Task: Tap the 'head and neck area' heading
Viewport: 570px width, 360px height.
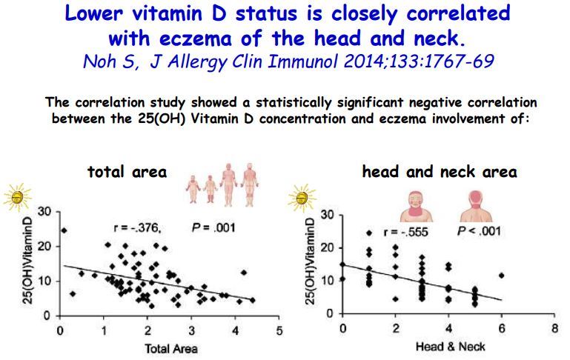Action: pos(440,172)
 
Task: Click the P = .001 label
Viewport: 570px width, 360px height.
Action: pos(213,227)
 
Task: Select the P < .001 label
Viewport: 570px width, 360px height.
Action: pos(479,231)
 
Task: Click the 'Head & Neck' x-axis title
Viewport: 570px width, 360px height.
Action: pos(445,344)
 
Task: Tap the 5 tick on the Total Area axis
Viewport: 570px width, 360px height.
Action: pos(279,330)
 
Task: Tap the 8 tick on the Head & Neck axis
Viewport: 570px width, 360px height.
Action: pos(553,327)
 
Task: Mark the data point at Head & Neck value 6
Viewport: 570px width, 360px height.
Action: pos(502,276)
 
